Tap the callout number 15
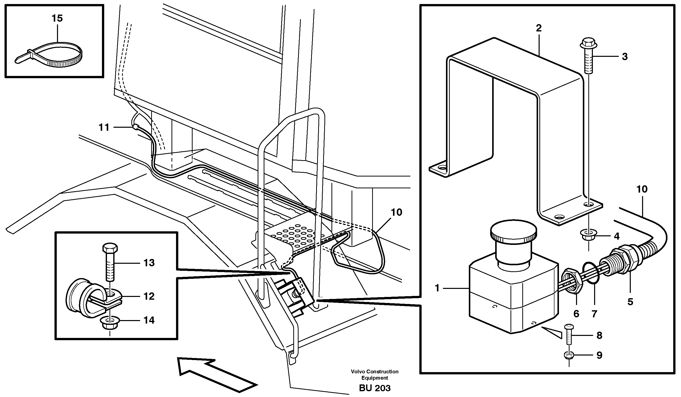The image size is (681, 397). point(57,18)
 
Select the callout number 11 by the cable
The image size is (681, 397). point(104,127)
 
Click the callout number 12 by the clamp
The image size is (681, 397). point(149,296)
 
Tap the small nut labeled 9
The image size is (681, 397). point(569,355)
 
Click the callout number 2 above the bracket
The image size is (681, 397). point(539,28)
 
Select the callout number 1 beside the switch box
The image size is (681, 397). point(437,288)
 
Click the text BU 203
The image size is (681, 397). point(375,388)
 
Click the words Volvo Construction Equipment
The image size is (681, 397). point(375,375)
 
